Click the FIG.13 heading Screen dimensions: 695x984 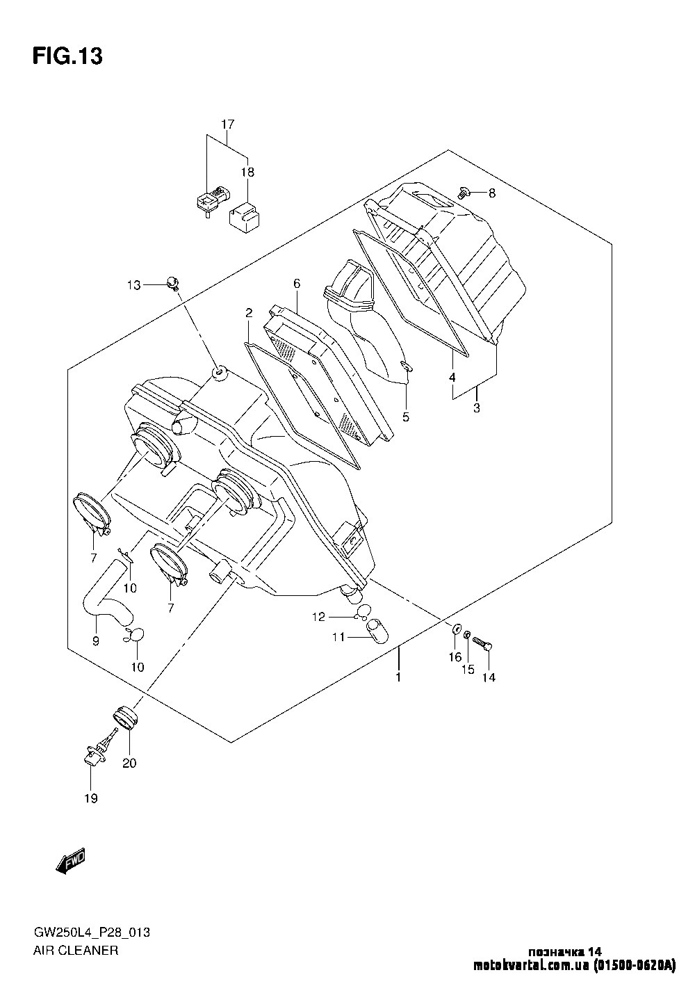pos(67,56)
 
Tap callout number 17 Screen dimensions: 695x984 pos(228,124)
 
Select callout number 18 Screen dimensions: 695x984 pos(247,172)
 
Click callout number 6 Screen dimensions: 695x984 pos(297,284)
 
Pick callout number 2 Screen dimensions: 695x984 pos(249,313)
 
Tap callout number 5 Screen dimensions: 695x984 pos(406,417)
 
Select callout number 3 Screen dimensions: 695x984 pos(477,408)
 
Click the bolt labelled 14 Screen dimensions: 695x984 pos(482,645)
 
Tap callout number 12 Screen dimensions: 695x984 pos(318,618)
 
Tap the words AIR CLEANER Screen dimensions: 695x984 pos(76,951)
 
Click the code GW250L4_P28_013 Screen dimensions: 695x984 pos(92,933)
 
